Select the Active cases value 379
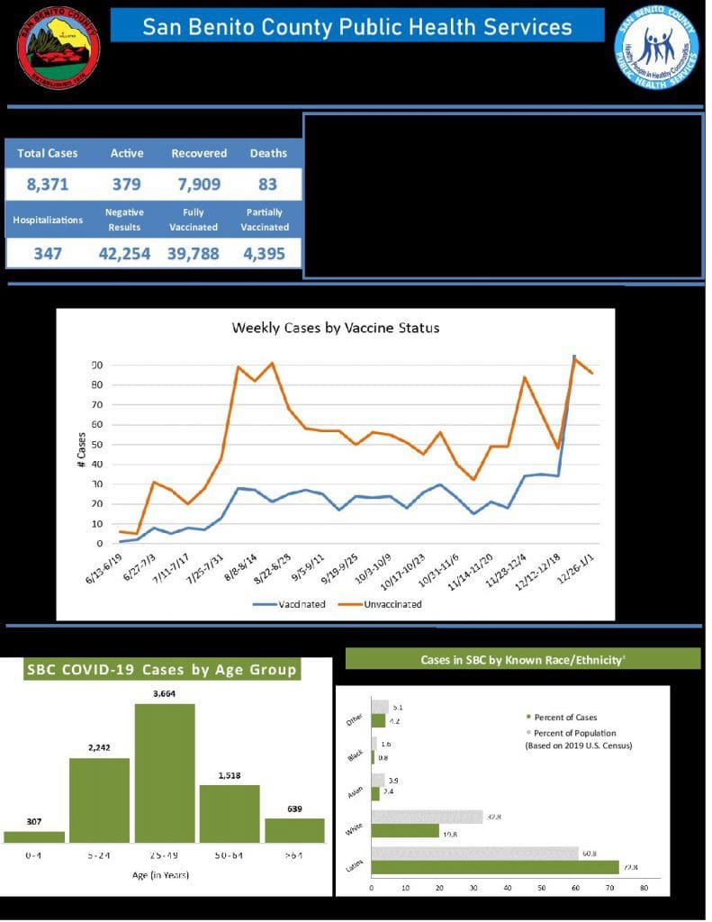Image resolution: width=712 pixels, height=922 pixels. click(126, 185)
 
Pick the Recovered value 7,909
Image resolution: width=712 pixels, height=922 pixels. click(199, 185)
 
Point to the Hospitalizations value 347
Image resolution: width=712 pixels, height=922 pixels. click(48, 254)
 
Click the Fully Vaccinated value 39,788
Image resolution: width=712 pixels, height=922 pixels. click(193, 254)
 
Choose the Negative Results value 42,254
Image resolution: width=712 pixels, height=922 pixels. click(124, 254)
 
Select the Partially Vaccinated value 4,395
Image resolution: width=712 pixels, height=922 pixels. click(265, 254)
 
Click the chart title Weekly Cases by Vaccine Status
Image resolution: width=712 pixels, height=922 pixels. click(336, 328)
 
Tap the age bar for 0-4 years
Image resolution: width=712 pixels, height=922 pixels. click(34, 837)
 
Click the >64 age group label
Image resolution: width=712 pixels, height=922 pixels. click(294, 854)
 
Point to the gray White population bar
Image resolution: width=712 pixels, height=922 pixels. click(427, 817)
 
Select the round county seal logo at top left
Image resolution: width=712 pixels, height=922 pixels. click(59, 47)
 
